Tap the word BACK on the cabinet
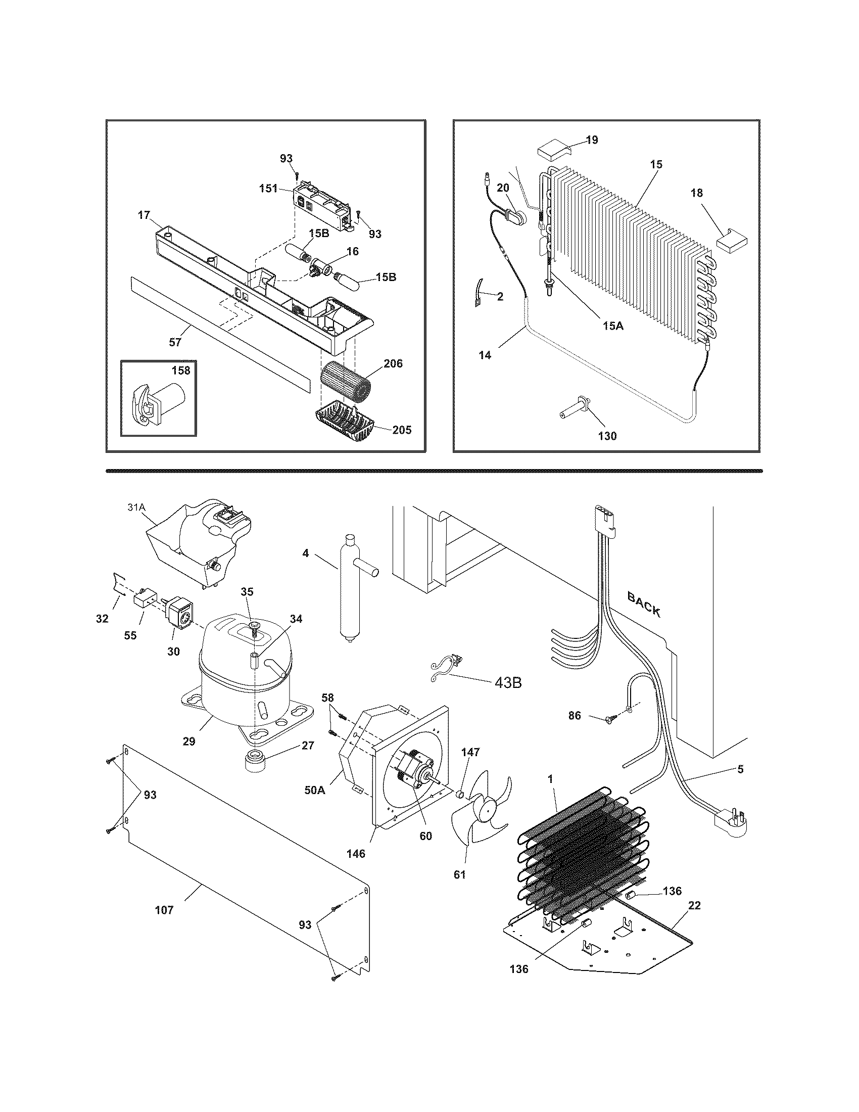644,605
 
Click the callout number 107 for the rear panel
164,910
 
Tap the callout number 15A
612,326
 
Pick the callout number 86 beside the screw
574,715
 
